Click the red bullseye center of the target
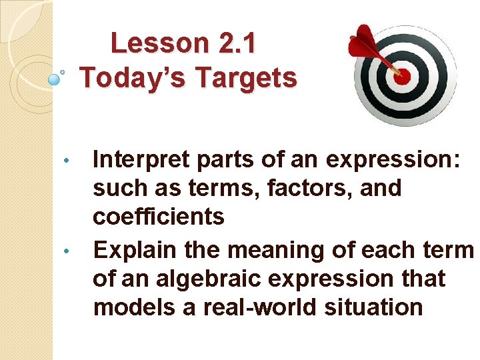pos(402,75)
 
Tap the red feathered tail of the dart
pos(364,40)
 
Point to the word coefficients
pos(159,217)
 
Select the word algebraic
pos(213,278)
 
